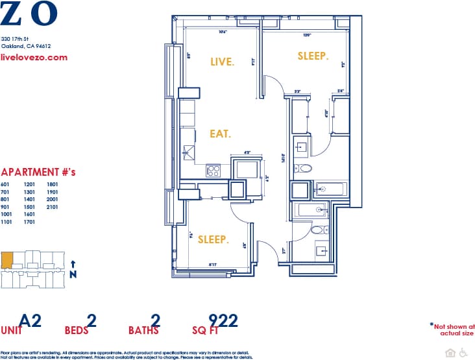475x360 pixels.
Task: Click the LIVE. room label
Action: pyautogui.click(x=223, y=62)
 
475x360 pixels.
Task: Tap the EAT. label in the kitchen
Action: pyautogui.click(x=221, y=134)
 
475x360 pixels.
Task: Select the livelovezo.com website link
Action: pyautogui.click(x=34, y=57)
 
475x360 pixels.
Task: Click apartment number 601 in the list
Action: pyautogui.click(x=6, y=184)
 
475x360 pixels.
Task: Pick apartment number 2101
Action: pyautogui.click(x=53, y=207)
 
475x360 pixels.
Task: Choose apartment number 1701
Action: pyautogui.click(x=29, y=222)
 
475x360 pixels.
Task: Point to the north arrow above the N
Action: pyautogui.click(x=73, y=264)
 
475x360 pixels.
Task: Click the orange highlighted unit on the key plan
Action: pyautogui.click(x=6, y=261)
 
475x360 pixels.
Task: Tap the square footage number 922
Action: pyautogui.click(x=223, y=320)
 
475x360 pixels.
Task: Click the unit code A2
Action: pyautogui.click(x=30, y=320)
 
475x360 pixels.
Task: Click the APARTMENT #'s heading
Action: pyautogui.click(x=38, y=173)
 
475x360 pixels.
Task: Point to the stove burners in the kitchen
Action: pyautogui.click(x=213, y=171)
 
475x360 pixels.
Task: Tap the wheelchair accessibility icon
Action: pyautogui.click(x=463, y=352)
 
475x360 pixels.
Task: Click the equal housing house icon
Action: pyautogui.click(x=451, y=352)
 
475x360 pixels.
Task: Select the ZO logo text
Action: pyautogui.click(x=29, y=13)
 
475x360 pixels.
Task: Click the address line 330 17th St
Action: pyautogui.click(x=15, y=39)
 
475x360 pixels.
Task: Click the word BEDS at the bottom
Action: pyautogui.click(x=76, y=330)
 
